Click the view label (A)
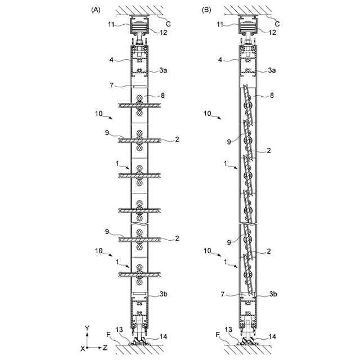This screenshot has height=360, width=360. click(x=96, y=10)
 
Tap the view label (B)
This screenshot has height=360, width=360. click(x=206, y=10)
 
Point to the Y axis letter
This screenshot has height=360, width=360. click(x=87, y=328)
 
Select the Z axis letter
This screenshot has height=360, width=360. click(x=105, y=348)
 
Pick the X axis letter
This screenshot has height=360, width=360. click(x=83, y=349)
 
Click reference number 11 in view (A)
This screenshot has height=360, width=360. click(x=111, y=25)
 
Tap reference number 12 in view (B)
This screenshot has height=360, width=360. click(x=272, y=33)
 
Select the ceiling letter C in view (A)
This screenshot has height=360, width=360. click(x=168, y=24)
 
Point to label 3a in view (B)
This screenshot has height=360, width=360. click(x=272, y=70)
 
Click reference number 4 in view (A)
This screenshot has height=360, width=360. click(x=111, y=60)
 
